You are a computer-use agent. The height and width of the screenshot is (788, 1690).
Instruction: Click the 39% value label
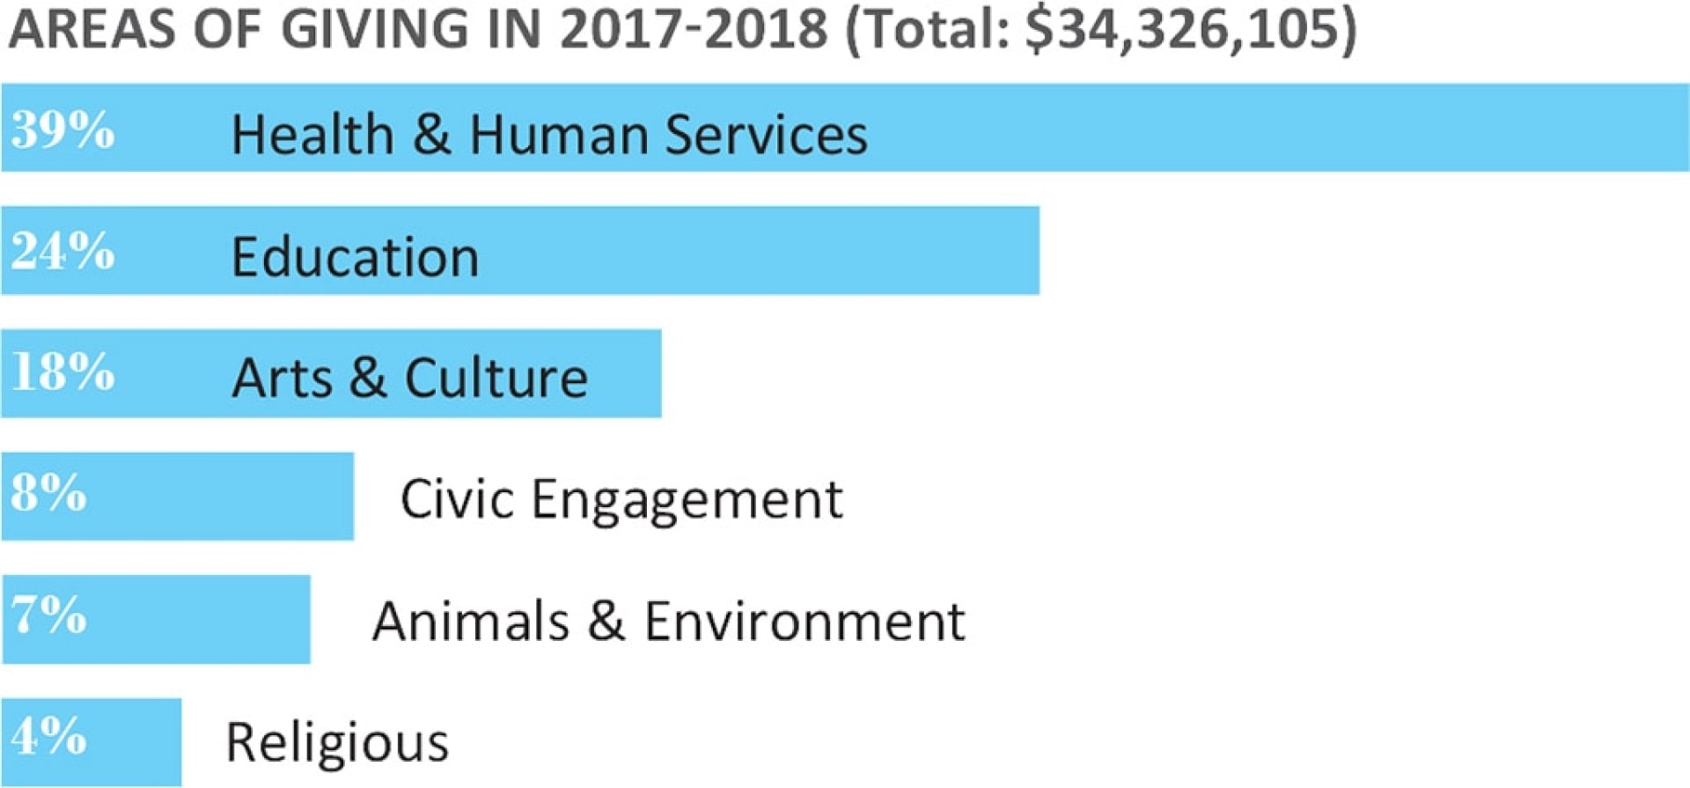coord(62,129)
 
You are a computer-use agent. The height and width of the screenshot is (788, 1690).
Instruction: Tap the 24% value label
coord(62,251)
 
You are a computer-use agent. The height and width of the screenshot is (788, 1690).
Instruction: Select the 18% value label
coord(62,372)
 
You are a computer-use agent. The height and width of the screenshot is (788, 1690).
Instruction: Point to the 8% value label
coord(49,493)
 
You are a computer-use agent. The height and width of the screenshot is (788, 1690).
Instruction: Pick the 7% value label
coord(49,615)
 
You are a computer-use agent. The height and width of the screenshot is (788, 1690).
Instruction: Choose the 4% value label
coord(49,736)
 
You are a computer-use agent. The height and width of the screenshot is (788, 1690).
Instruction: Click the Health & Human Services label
coord(549,135)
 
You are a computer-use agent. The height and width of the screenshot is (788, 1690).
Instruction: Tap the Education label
coord(355,257)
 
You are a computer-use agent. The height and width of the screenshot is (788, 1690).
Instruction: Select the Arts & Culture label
coord(410,379)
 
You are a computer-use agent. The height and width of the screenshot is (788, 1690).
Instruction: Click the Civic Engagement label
coord(621,500)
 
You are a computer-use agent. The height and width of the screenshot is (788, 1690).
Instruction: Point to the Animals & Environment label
coord(669,621)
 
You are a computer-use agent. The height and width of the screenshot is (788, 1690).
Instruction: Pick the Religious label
coord(337,742)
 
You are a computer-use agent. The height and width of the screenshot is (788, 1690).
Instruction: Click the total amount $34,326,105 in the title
coord(1180,29)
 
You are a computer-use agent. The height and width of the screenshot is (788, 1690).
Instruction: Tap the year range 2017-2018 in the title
coord(694,29)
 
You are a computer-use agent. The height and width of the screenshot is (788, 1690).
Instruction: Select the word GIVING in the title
coord(375,29)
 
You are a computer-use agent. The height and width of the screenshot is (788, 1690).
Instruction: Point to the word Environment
coord(805,621)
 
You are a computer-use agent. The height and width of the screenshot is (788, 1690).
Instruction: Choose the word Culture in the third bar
coord(496,379)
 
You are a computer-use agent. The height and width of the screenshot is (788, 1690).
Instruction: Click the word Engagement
coord(687,500)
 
